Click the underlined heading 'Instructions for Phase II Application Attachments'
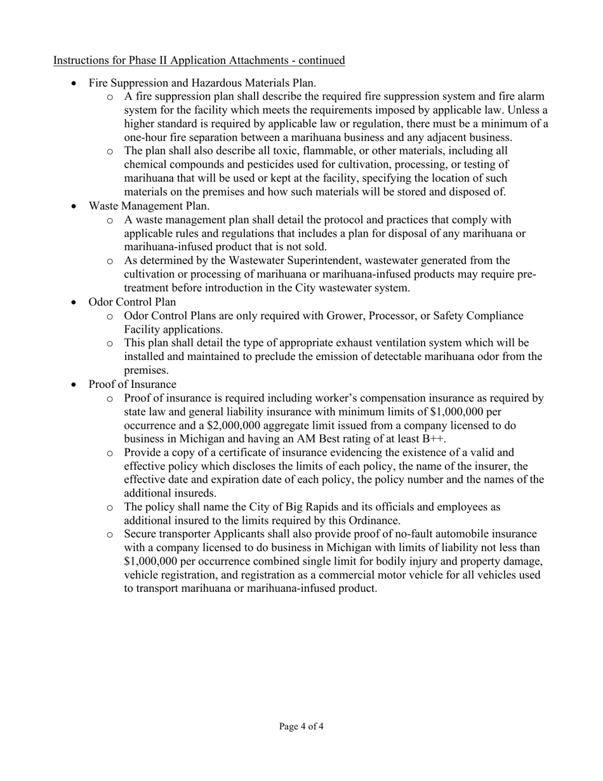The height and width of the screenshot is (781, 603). [199, 60]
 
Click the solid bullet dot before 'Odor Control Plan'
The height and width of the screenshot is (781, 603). [75, 302]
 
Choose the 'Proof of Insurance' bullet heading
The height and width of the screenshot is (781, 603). [132, 384]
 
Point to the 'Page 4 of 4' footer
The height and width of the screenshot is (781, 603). [301, 726]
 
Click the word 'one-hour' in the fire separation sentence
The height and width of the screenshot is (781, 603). [145, 138]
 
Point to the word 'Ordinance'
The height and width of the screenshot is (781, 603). [374, 520]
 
